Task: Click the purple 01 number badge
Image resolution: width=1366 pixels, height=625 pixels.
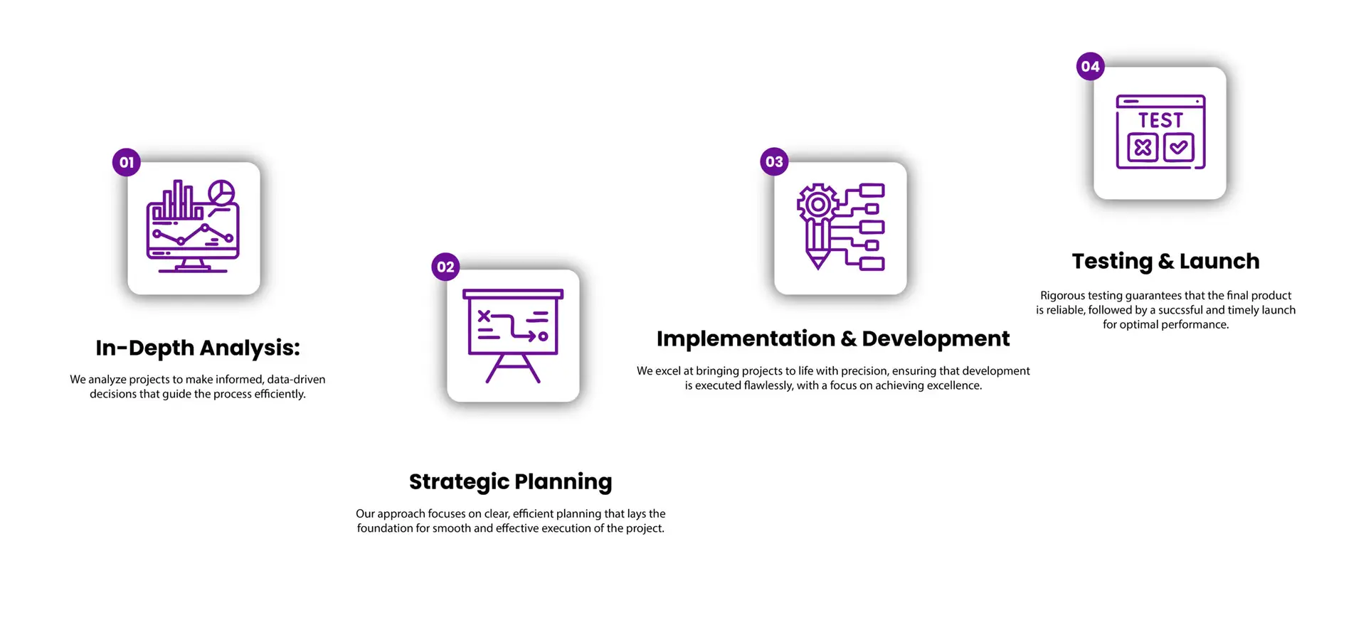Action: pyautogui.click(x=127, y=162)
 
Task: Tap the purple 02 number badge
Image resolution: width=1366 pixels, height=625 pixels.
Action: pyautogui.click(x=445, y=267)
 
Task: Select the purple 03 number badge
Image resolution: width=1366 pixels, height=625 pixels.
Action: pyautogui.click(x=774, y=161)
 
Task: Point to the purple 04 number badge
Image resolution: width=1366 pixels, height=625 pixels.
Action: pyautogui.click(x=1090, y=66)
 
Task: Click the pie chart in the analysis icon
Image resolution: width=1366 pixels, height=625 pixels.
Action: pyautogui.click(x=221, y=193)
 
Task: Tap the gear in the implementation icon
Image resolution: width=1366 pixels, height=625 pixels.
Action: pyautogui.click(x=818, y=205)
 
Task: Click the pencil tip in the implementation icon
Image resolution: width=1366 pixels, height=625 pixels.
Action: pyautogui.click(x=818, y=262)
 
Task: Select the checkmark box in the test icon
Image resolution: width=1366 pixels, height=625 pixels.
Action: pyautogui.click(x=1179, y=147)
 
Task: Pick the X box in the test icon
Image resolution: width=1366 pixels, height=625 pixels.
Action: pyautogui.click(x=1143, y=147)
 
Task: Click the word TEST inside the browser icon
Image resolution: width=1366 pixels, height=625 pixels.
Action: pyautogui.click(x=1160, y=120)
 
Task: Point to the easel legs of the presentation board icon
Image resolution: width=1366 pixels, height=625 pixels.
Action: pyautogui.click(x=513, y=368)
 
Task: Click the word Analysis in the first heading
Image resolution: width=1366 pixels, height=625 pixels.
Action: pyautogui.click(x=250, y=348)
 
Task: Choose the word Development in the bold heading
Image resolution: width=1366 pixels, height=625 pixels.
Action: pyautogui.click(x=936, y=339)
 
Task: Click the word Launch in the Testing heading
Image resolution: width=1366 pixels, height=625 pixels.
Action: pyautogui.click(x=1219, y=261)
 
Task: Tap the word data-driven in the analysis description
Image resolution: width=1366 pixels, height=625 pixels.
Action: pyautogui.click(x=296, y=379)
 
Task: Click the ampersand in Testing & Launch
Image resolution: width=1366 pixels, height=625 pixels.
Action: pyautogui.click(x=1166, y=262)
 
